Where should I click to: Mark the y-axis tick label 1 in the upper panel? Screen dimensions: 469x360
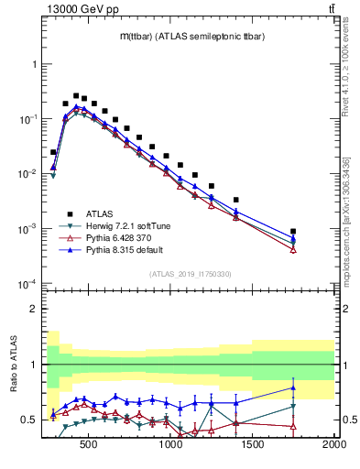[x=32, y=65]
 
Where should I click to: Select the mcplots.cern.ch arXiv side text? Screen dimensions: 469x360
[x=346, y=220]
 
